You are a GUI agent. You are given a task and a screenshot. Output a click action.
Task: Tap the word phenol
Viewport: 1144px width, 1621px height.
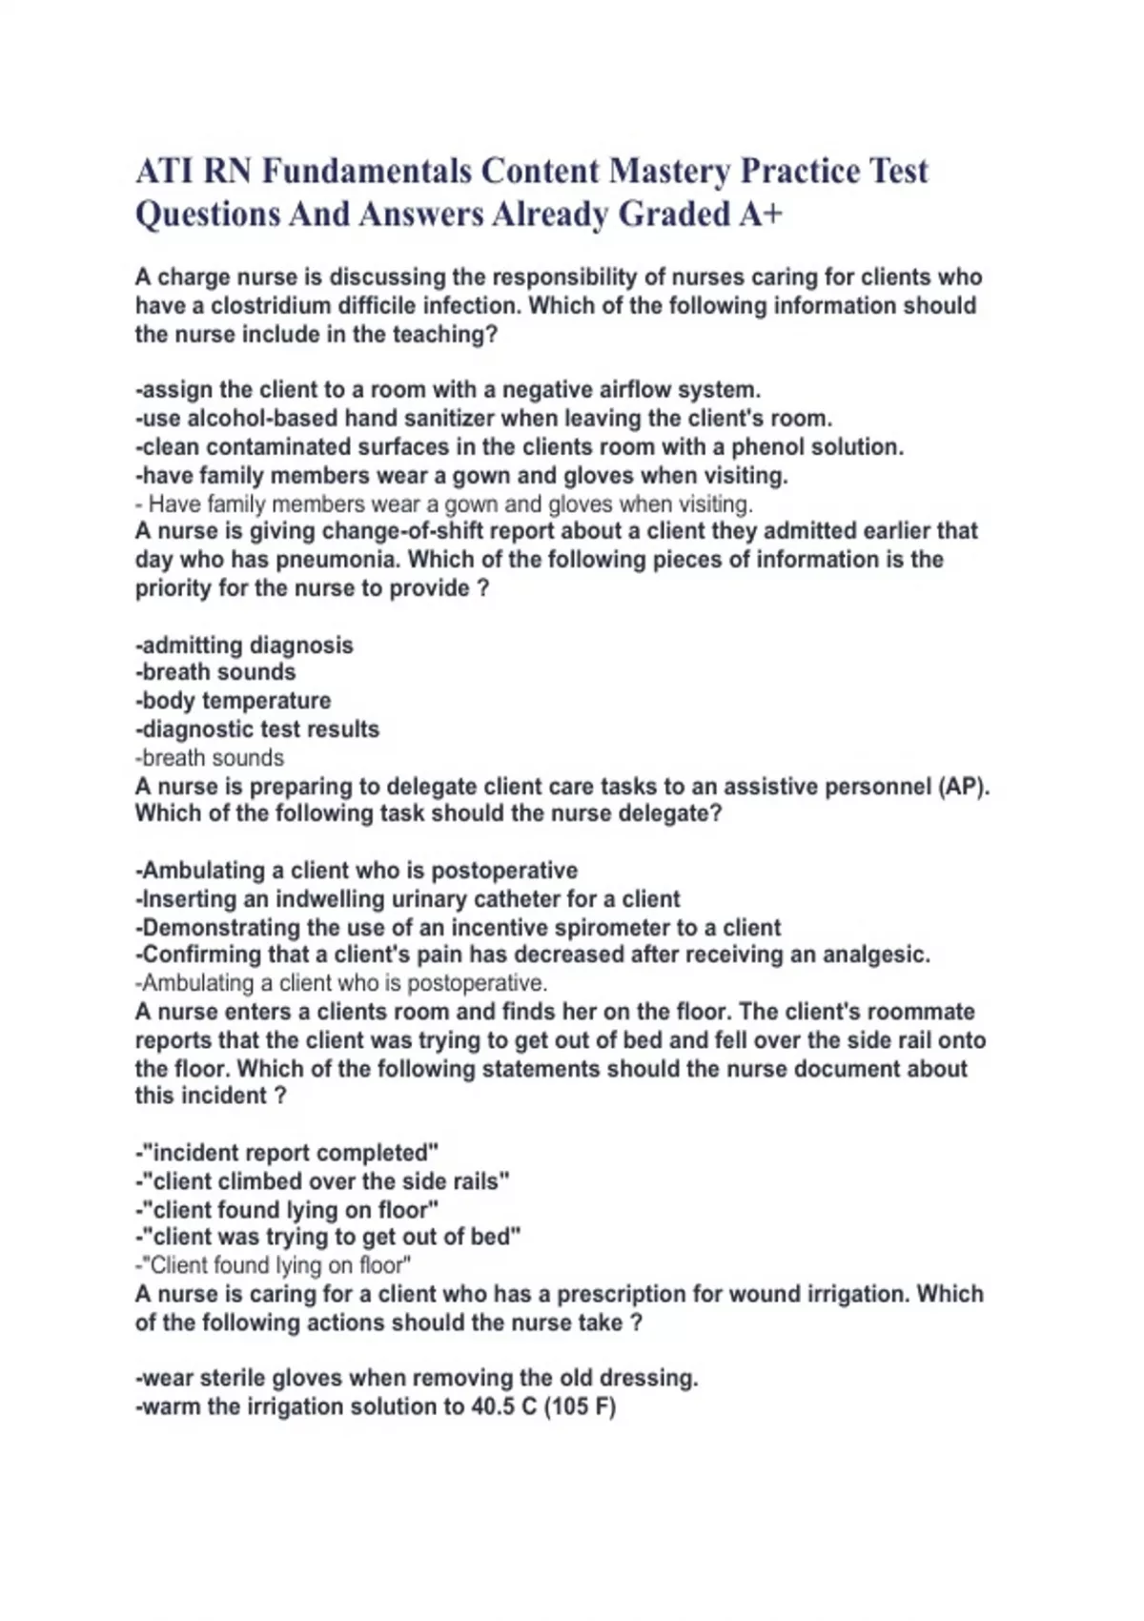[x=769, y=447]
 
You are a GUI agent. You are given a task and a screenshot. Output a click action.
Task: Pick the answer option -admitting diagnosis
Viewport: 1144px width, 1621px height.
[x=244, y=646]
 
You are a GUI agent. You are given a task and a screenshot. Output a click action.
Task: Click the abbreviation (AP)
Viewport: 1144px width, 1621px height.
[x=964, y=787]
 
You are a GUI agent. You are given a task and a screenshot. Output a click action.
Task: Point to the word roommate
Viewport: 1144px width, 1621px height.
[x=915, y=1012]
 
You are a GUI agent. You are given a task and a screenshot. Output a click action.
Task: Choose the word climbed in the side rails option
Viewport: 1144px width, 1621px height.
[x=247, y=1181]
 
